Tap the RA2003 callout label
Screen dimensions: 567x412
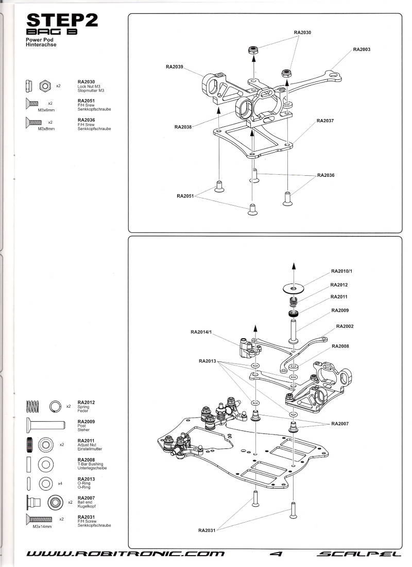pyautogui.click(x=362, y=49)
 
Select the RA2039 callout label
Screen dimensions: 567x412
pyautogui.click(x=175, y=66)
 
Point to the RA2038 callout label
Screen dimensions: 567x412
pyautogui.click(x=183, y=127)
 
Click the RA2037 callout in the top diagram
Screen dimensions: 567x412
pyautogui.click(x=325, y=121)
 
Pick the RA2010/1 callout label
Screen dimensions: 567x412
pyautogui.click(x=341, y=271)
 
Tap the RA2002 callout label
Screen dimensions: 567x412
pyautogui.click(x=345, y=326)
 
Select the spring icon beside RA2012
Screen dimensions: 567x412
pyautogui.click(x=32, y=407)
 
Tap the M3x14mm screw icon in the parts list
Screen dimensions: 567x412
pyautogui.click(x=39, y=519)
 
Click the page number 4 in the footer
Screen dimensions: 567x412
pyautogui.click(x=277, y=554)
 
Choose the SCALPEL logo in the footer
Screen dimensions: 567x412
pyautogui.click(x=359, y=554)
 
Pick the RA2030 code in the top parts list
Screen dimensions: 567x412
pyautogui.click(x=86, y=81)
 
